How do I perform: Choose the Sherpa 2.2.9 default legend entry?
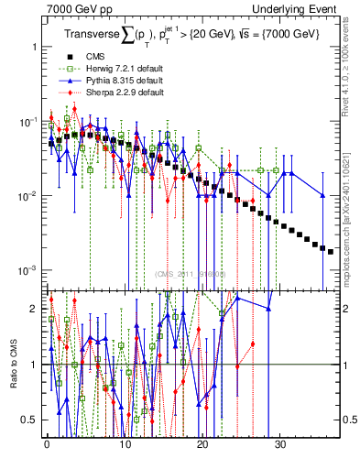tap(113, 93)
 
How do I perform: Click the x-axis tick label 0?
tap(47, 451)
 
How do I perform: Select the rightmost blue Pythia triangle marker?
tap(322, 195)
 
